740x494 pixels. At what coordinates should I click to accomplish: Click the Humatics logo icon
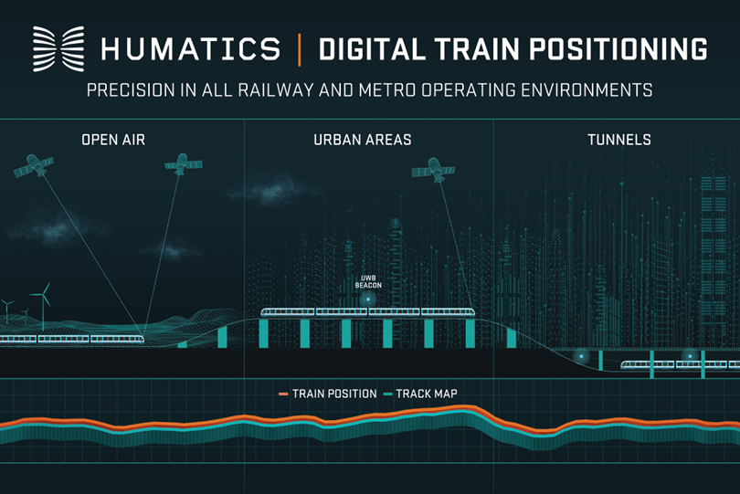(58, 48)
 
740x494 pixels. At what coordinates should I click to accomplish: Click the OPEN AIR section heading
(113, 141)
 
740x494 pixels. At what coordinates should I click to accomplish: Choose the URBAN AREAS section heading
(363, 141)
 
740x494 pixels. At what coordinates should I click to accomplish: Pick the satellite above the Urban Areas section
(432, 170)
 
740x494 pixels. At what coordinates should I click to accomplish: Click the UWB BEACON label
(368, 282)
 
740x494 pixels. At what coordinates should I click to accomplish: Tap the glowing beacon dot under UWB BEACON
(368, 299)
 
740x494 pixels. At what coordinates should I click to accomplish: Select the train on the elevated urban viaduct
(368, 312)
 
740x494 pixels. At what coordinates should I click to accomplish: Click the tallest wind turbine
(41, 297)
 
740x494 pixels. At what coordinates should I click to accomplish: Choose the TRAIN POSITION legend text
(334, 394)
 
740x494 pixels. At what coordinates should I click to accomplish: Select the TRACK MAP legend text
(427, 394)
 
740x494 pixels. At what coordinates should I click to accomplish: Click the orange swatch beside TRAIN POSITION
(283, 394)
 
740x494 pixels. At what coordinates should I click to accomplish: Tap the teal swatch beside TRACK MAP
(387, 394)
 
